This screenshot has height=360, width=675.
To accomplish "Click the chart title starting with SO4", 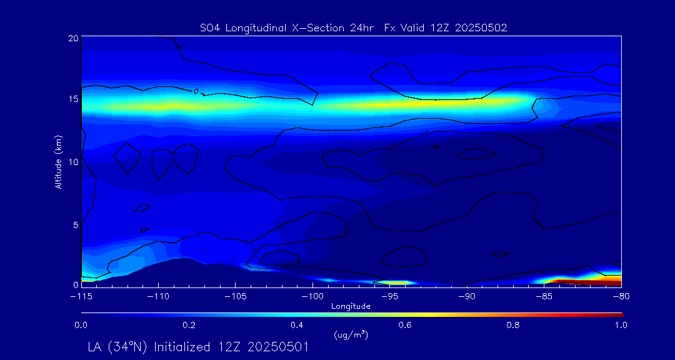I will (350, 27).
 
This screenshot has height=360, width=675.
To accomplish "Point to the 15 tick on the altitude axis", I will (74, 99).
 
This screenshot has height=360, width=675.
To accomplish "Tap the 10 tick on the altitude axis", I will (74, 161).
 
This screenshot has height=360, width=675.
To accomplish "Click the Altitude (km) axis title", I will (58, 161).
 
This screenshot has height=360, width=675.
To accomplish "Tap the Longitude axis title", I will (351, 306).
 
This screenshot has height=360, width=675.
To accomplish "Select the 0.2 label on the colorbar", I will (189, 325).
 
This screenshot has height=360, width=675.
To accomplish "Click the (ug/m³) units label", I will (351, 335).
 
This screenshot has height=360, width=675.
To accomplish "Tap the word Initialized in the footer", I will (181, 347).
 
